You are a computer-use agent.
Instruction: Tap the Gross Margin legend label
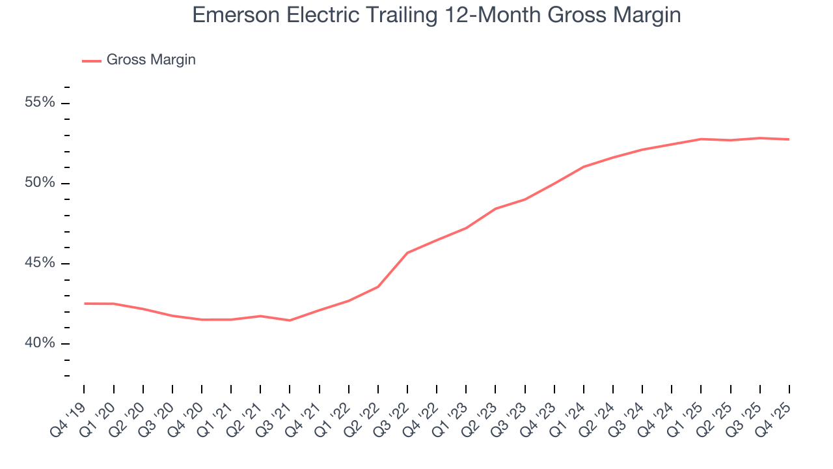(151, 60)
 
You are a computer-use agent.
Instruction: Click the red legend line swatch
(91, 61)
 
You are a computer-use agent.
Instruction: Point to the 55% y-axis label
(40, 103)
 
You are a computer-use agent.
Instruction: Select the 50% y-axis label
(40, 183)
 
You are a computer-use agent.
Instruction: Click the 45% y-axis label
(40, 263)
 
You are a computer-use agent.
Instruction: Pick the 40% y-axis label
(40, 343)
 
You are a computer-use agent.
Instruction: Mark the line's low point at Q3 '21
(290, 320)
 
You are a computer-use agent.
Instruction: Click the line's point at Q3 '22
(407, 253)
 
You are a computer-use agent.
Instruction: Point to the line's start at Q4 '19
(84, 304)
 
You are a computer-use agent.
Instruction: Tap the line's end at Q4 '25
(789, 139)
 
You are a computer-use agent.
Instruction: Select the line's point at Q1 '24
(584, 167)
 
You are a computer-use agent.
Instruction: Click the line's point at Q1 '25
(701, 139)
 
